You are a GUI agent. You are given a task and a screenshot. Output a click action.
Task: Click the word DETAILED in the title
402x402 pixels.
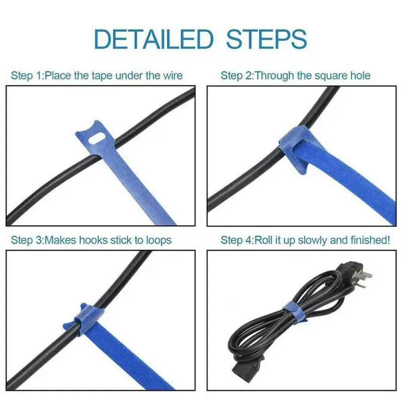[154, 39]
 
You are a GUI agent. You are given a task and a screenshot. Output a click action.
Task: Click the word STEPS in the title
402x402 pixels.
[266, 39]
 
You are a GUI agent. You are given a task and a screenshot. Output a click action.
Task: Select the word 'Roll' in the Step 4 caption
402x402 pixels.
[265, 240]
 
